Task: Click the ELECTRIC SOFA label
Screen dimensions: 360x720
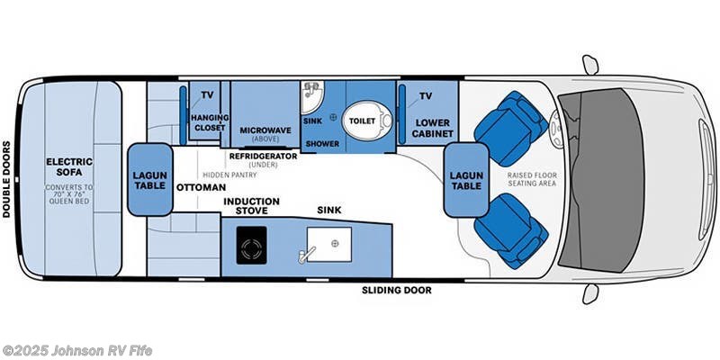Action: (x=69, y=168)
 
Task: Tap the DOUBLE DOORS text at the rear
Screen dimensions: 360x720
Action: (x=7, y=178)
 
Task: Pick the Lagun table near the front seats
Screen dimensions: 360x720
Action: (x=465, y=178)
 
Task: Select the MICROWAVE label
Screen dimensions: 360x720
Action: (x=265, y=130)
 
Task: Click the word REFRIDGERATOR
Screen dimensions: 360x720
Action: (x=263, y=156)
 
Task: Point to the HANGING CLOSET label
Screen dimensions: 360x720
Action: (x=209, y=123)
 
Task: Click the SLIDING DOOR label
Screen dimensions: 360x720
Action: (x=396, y=291)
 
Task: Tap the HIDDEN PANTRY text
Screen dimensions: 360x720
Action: (x=227, y=174)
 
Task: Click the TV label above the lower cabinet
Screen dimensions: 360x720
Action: (x=427, y=95)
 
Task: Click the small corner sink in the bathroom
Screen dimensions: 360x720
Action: (x=310, y=93)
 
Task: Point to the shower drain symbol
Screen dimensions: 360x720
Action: (x=333, y=117)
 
